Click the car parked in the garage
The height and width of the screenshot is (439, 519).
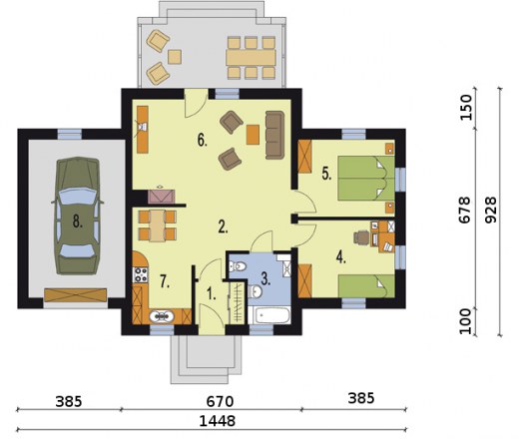point(77,216)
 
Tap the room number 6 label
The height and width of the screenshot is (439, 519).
point(202,141)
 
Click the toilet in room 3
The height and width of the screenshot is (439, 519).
point(238,266)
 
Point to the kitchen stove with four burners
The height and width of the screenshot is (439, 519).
point(140,275)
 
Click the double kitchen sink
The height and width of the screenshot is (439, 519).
point(162,316)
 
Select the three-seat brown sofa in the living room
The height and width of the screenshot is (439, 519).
point(274,135)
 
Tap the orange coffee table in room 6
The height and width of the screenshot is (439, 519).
point(253,135)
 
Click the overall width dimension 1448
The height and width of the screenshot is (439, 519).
point(218,421)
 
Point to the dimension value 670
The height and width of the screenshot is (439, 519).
point(220,402)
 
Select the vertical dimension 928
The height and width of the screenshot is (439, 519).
point(490,211)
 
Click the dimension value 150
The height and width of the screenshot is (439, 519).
point(466,108)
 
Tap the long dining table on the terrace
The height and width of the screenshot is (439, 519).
point(252,58)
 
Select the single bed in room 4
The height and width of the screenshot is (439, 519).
point(366,286)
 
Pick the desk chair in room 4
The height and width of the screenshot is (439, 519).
point(361,237)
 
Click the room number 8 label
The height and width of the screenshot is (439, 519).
point(78,221)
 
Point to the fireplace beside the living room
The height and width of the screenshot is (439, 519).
point(162,196)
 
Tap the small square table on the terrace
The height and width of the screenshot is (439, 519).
point(175,57)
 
